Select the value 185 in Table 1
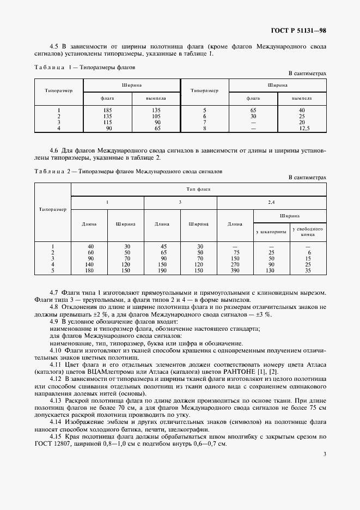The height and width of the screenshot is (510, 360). coord(107,111)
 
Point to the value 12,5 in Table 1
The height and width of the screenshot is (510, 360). coord(305,129)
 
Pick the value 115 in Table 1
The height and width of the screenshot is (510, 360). coord(107,123)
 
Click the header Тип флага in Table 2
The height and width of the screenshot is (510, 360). coord(198,189)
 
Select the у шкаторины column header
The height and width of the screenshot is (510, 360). coord(271,232)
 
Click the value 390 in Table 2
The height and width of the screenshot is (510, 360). coord(235,271)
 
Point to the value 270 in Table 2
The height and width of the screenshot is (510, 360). coord(235,265)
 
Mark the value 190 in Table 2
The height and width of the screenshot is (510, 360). coord(162,271)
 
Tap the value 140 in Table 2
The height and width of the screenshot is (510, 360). coord(90,265)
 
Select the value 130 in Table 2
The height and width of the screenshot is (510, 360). coord(271,271)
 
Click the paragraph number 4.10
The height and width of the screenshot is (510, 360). coord(56,351)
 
